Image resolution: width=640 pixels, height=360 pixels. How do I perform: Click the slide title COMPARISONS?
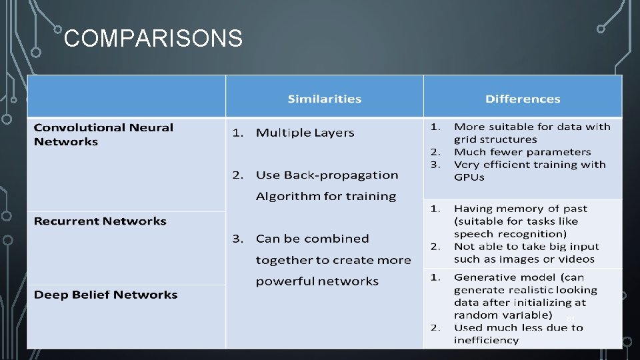153,39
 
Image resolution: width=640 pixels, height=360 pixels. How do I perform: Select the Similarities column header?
325,99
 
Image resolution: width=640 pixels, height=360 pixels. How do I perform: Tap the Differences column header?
523,99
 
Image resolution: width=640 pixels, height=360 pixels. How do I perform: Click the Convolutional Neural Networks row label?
103,134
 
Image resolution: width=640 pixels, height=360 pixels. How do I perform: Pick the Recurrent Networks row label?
100,221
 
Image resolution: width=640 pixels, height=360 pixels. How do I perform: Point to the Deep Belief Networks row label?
105,295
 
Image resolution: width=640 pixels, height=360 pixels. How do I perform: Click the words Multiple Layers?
305,133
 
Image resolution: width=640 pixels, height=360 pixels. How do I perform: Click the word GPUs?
469,177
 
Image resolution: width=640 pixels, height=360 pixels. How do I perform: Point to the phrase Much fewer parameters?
522,152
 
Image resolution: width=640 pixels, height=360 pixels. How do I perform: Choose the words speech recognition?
509,234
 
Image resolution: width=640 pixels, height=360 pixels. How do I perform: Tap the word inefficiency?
486,340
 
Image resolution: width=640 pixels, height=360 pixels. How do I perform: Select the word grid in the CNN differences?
464,139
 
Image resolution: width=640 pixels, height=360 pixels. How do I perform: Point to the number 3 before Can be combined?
236,239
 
